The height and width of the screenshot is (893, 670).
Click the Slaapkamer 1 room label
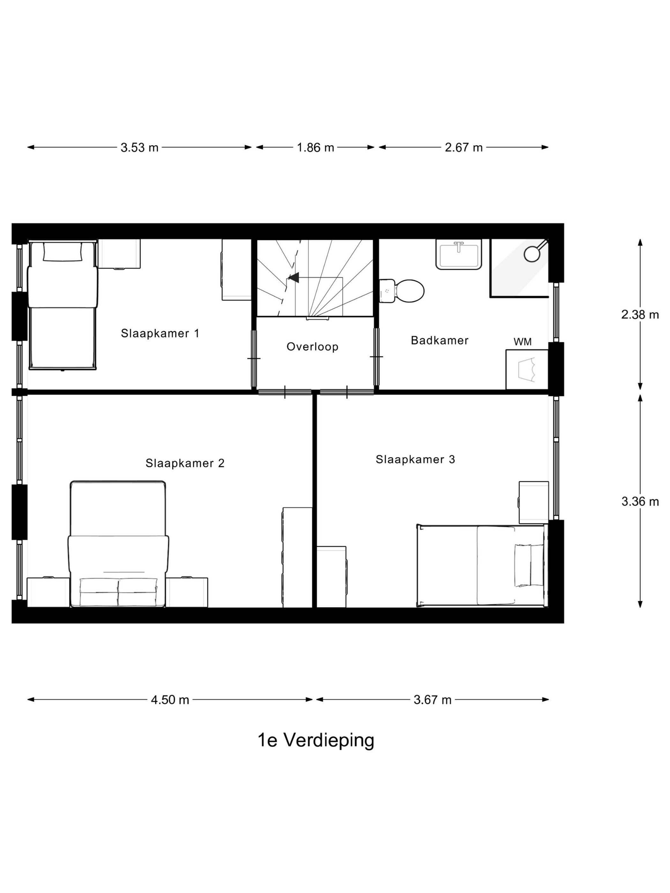coord(160,334)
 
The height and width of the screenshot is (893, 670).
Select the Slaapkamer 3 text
coord(415,460)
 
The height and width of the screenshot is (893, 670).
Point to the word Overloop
coord(312,347)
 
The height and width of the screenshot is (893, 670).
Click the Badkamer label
coord(439,340)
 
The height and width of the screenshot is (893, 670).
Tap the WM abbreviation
coord(522,342)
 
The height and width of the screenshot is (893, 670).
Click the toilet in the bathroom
coord(406,291)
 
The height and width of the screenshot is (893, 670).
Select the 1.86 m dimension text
coord(316,148)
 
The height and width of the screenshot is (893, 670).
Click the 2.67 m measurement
coord(464,148)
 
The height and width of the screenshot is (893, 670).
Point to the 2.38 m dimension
coord(640,314)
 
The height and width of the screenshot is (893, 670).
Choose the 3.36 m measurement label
coord(640,502)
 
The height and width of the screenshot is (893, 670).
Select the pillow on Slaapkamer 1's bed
coord(62,252)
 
